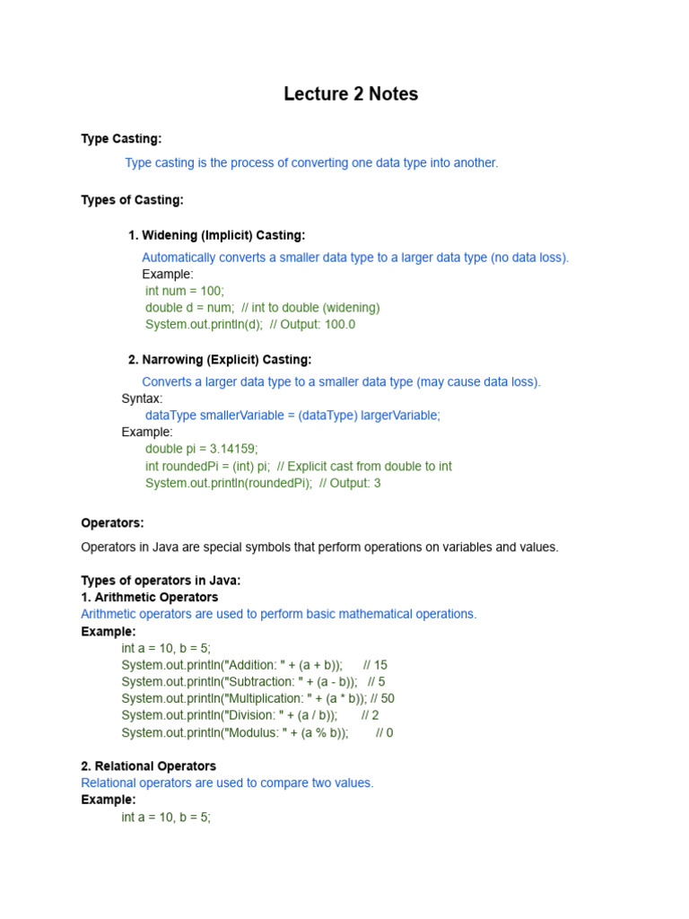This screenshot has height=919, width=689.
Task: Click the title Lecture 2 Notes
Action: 351,94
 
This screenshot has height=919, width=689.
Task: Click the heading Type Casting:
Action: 121,138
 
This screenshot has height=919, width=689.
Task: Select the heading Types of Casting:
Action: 132,200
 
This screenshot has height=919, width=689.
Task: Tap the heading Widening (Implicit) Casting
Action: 216,235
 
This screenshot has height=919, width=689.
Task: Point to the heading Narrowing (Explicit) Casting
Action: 220,360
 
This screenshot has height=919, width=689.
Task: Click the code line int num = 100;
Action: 185,291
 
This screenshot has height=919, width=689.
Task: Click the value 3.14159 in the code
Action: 238,449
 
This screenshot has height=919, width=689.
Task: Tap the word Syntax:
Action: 142,398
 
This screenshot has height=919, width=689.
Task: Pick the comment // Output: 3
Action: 350,483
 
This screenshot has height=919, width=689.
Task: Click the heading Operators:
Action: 112,523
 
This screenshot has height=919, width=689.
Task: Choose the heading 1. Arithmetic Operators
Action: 149,597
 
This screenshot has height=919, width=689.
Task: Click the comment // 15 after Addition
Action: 375,665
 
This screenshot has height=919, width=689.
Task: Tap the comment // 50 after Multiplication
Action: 381,698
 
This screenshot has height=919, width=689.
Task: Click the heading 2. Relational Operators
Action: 148,766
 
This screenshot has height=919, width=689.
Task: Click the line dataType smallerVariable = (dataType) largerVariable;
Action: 292,416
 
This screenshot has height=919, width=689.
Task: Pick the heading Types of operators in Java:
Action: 161,581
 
